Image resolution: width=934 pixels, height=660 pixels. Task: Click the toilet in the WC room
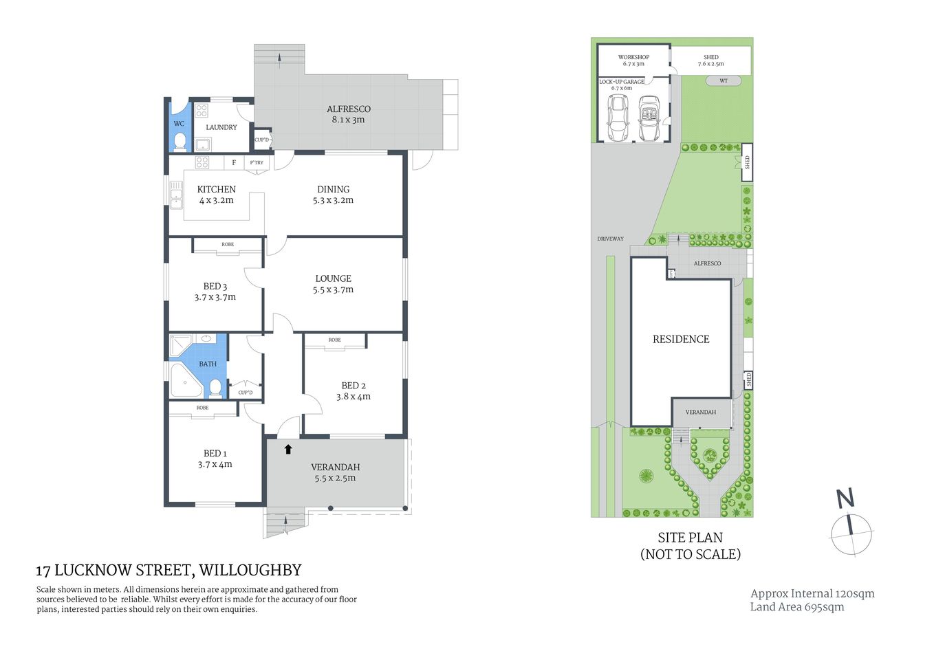180,141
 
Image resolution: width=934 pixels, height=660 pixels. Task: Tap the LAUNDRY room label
221,127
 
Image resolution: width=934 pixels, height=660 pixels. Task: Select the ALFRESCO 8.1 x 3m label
348,114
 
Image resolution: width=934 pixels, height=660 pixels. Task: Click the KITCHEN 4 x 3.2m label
216,195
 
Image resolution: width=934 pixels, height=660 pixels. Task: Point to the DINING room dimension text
333,201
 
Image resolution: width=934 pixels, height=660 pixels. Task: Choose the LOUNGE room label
333,278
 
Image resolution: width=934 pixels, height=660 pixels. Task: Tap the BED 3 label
215,286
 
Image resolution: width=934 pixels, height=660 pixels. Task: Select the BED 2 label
354,386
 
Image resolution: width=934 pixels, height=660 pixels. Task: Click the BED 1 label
215,453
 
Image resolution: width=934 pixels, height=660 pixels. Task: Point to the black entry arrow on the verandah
288,449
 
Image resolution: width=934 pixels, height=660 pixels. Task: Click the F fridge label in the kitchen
234,163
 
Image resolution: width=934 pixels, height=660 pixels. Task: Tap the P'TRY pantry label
257,163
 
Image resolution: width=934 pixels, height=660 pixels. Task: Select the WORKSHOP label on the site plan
633,57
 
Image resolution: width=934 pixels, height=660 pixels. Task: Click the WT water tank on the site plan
724,81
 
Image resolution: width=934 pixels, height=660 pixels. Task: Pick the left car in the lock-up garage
618,117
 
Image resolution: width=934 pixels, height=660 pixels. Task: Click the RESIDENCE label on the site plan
680,339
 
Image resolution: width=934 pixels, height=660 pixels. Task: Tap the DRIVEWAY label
610,239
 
